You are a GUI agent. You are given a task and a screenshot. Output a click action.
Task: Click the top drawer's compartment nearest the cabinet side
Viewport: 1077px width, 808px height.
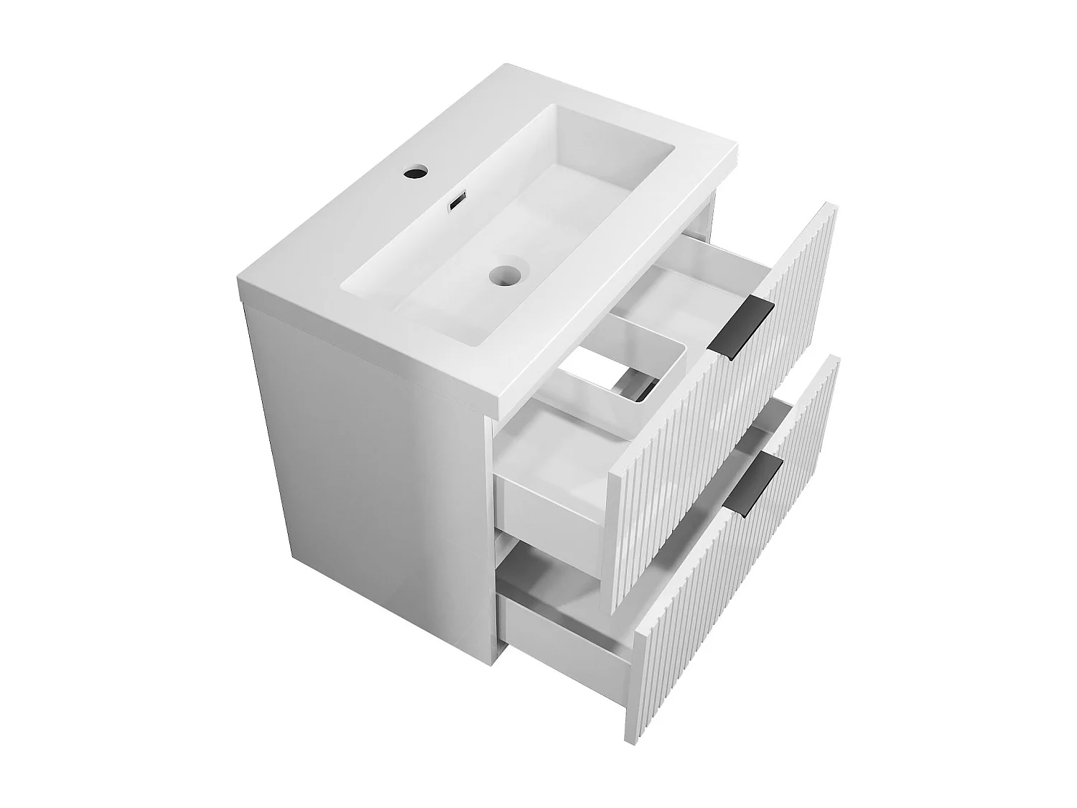(553, 460)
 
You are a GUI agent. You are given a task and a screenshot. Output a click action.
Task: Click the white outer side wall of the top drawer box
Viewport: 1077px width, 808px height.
(553, 506)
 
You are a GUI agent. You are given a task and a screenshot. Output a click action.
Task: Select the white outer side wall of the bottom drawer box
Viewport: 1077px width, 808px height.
(567, 625)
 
